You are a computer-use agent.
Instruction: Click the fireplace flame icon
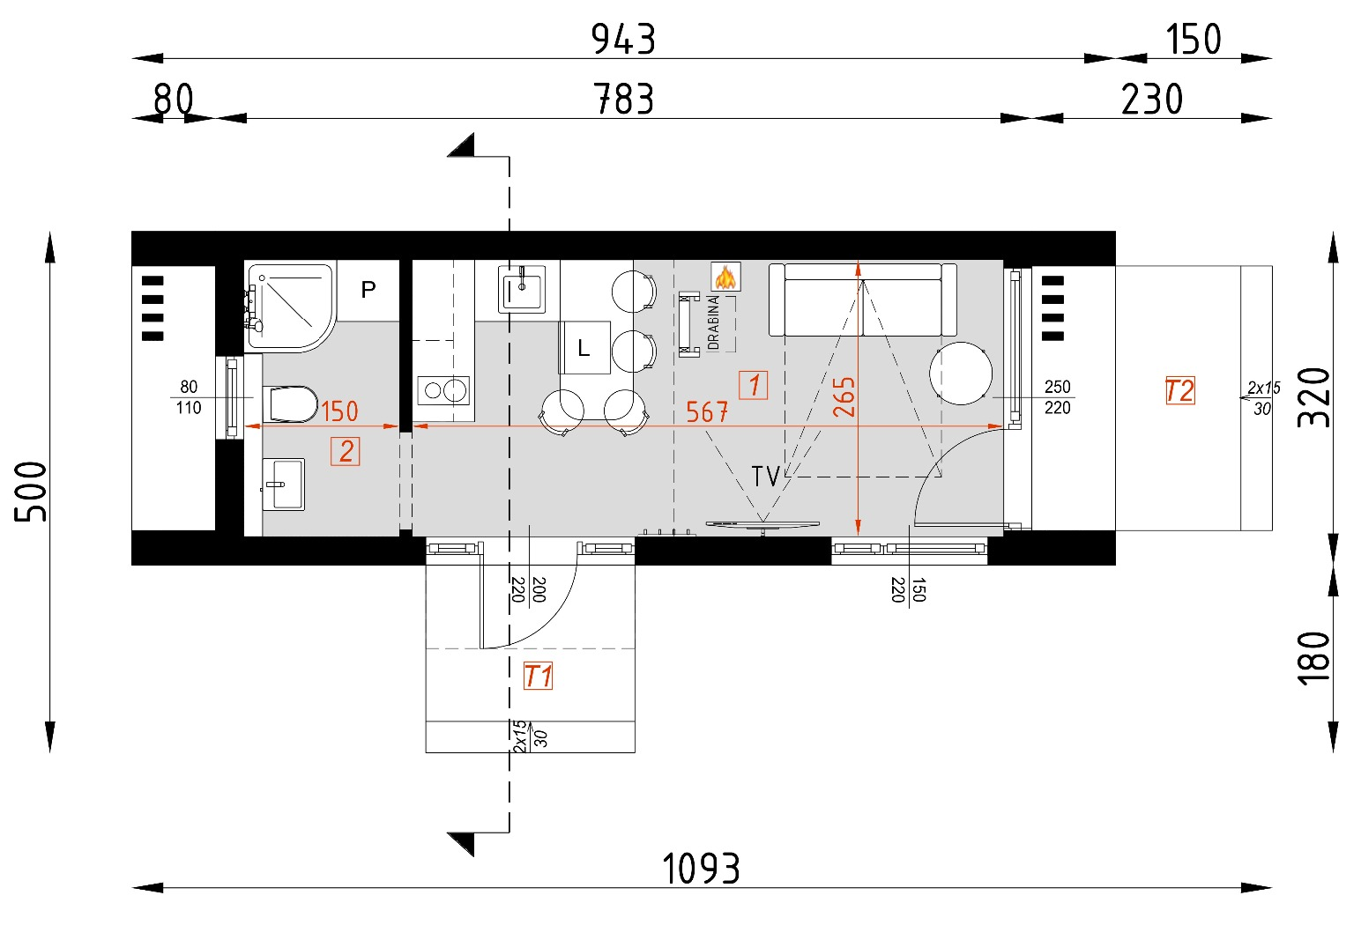coord(725,277)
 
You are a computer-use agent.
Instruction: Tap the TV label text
coord(765,477)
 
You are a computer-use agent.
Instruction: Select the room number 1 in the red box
coord(753,385)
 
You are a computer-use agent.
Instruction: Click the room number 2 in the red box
coord(346,451)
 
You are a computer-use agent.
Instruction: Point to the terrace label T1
coord(538,677)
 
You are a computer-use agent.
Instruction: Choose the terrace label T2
coord(1179,390)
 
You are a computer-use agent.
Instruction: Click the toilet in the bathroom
coord(291,404)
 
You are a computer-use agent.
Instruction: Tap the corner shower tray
coord(287,305)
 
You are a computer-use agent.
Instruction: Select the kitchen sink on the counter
coord(521,288)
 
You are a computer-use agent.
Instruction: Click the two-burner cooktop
coord(443,389)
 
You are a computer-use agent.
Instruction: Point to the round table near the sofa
coord(961,374)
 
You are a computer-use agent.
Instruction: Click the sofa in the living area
coord(862,300)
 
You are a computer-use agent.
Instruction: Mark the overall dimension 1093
coord(701,869)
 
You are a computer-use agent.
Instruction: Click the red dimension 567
coord(707,411)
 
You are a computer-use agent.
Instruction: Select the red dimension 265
coord(844,396)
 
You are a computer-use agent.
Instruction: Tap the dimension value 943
coord(623,40)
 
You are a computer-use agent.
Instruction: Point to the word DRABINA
coord(713,322)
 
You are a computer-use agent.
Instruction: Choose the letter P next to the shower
coord(368,289)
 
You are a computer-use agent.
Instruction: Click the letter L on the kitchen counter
coord(584,349)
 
